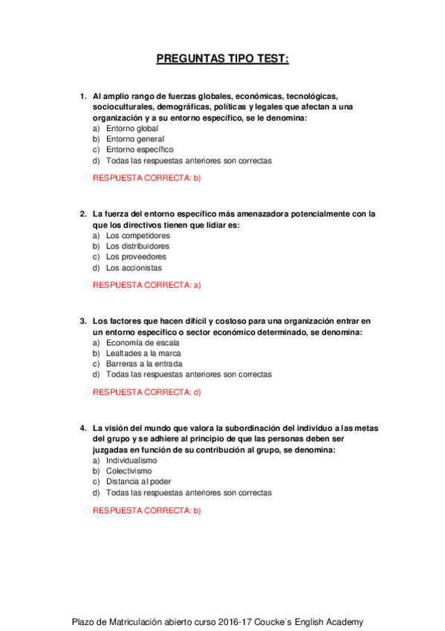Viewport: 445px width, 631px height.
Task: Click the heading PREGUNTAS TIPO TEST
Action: coord(223,59)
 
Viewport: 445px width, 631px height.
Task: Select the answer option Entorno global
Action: coord(131,128)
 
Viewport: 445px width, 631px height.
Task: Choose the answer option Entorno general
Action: coord(134,139)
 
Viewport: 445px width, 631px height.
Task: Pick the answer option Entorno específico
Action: coord(139,150)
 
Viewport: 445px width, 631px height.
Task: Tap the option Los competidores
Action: coord(137,235)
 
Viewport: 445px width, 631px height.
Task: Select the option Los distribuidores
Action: coord(137,246)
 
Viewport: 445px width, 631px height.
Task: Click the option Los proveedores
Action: coord(136,257)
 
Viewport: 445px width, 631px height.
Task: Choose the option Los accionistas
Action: coord(134,268)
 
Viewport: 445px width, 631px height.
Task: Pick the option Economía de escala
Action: coord(142,342)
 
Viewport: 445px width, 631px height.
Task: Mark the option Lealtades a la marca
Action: coord(143,353)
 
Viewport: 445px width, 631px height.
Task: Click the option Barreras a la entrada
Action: coord(143,364)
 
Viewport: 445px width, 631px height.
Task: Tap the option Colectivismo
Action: coord(129,471)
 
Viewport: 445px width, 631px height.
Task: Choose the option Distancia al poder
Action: coord(138,481)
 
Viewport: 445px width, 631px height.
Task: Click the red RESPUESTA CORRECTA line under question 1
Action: coord(147,178)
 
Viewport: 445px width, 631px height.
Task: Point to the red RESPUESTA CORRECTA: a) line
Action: coord(147,285)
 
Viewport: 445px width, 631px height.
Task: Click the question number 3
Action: coord(82,321)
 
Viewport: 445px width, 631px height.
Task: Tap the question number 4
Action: coord(82,429)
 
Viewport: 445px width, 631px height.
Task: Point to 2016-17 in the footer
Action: coord(241,622)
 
